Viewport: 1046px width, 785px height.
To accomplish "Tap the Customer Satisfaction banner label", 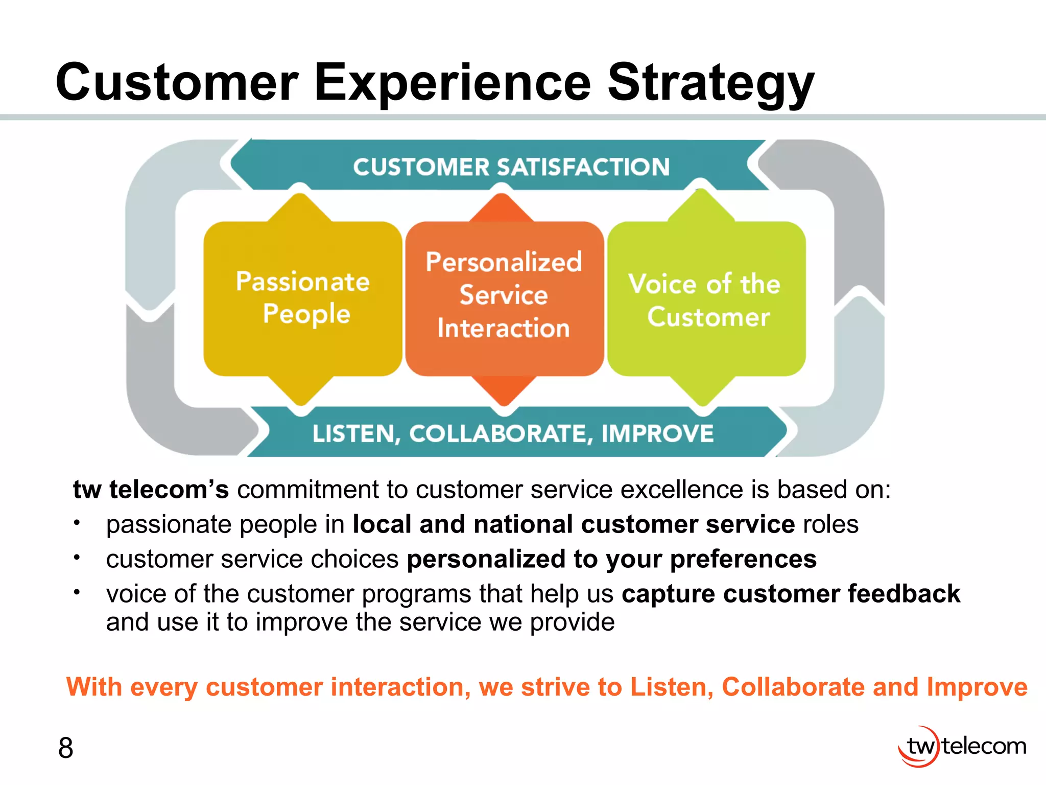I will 511,167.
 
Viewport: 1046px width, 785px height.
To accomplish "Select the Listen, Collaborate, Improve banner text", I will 513,434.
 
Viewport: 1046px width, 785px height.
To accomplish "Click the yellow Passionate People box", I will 302,299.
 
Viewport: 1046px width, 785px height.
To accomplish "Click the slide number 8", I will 65,748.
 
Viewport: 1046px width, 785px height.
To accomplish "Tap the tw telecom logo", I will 962,747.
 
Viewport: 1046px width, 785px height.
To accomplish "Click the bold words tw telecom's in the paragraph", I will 151,490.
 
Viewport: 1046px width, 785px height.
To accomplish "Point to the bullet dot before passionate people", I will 77,523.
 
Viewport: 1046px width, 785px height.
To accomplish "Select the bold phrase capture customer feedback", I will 791,594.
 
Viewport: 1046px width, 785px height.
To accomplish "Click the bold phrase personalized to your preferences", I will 611,559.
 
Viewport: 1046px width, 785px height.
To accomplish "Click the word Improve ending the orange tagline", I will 977,687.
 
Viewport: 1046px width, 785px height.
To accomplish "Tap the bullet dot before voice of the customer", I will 77,592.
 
